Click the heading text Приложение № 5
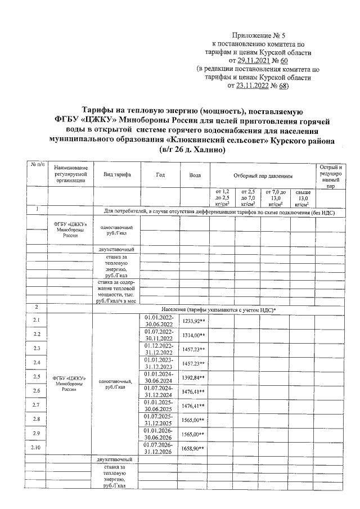261,34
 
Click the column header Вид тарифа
117,174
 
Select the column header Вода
195,174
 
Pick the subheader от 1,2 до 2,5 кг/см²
222,199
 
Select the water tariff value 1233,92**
195,321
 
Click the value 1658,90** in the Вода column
195,448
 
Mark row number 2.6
37,390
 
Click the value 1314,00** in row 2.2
195,335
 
